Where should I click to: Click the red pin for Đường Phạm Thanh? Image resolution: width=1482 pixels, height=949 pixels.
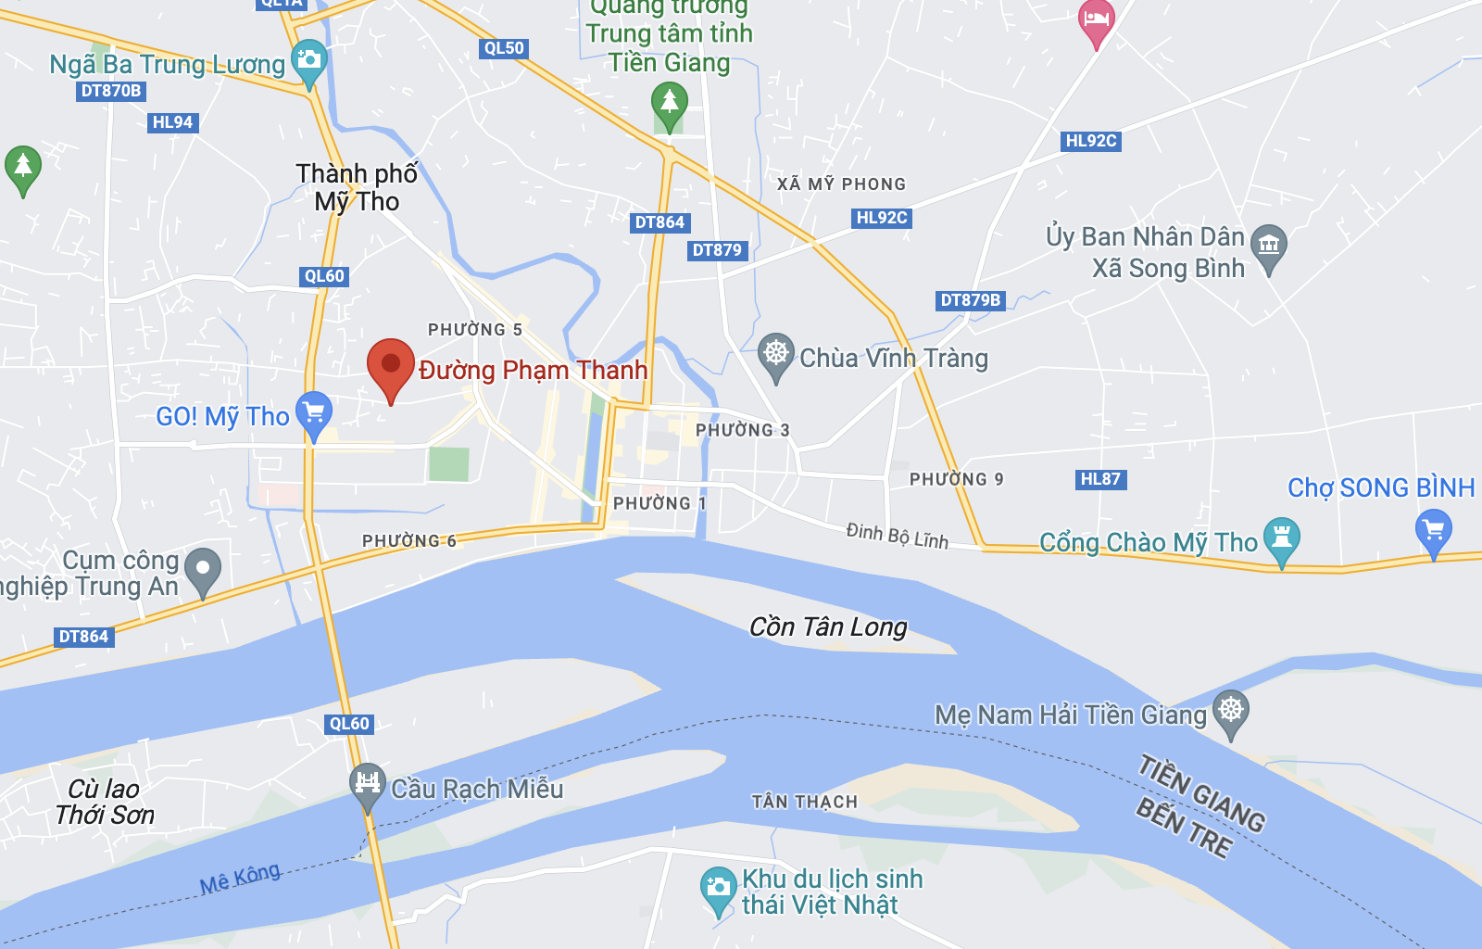pos(391,364)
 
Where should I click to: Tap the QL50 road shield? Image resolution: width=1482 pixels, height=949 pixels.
pos(504,48)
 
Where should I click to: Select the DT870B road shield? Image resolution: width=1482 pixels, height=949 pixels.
pos(111,91)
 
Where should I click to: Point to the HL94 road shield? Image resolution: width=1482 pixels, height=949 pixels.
pos(173,122)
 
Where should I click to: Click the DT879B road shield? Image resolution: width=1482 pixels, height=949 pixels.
pos(970,300)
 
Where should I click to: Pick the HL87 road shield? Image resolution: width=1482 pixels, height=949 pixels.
pos(1100,479)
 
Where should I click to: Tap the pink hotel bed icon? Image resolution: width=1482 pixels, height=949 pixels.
pos(1097,20)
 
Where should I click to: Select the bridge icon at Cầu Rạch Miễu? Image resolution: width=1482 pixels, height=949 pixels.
pos(368,782)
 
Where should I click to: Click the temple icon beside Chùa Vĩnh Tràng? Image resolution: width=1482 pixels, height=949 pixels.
pos(776,353)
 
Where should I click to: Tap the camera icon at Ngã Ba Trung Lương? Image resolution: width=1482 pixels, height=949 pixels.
pos(308,60)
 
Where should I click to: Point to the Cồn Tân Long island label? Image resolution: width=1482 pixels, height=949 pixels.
pos(828,627)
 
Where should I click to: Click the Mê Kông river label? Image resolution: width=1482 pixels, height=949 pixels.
pos(240,878)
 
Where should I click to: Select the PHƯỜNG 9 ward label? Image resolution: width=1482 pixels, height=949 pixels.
pos(956,479)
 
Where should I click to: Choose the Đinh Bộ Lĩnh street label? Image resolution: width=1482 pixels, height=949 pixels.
pos(897,535)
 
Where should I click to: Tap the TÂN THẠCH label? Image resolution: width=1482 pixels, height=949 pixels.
pos(804,802)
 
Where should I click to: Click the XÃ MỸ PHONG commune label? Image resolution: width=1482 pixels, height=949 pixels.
pos(841,183)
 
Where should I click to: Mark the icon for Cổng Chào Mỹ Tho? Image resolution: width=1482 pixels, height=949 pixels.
pos(1282,537)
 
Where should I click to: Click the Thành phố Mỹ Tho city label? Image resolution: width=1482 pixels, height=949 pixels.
pos(357,187)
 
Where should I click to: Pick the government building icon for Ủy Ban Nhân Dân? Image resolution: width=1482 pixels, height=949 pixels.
pos(1269,246)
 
